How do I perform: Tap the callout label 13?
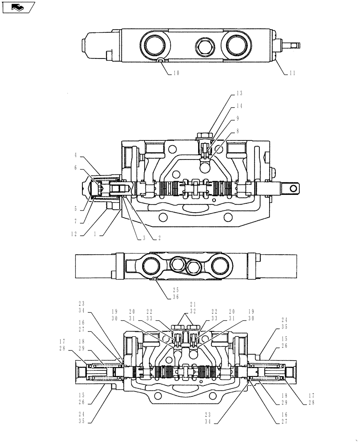[239, 93]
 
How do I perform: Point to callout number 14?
[239, 106]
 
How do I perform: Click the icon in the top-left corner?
[18, 7]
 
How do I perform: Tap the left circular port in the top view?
[155, 44]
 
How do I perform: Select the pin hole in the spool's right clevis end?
[293, 189]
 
